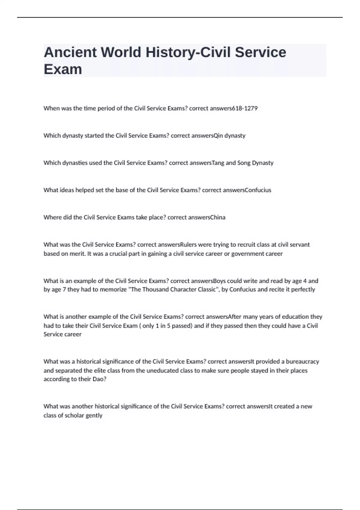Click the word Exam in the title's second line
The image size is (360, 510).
[63, 69]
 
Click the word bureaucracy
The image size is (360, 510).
[302, 361]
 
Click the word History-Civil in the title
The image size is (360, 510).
[190, 52]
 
